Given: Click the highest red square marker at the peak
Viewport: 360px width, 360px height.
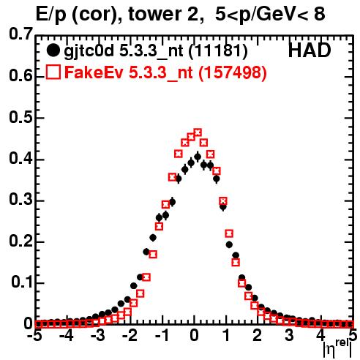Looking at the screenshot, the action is [198, 132].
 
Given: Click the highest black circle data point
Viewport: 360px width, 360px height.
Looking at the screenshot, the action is [198, 157].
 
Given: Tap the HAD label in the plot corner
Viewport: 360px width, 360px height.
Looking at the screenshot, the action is [310, 50].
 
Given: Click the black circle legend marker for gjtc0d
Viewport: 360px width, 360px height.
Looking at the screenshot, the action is [53, 50].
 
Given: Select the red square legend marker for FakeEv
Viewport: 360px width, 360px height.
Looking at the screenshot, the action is [53, 72].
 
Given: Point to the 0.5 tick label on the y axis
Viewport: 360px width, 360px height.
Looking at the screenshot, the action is [20, 117].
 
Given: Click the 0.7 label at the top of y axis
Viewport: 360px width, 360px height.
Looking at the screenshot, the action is [20, 34].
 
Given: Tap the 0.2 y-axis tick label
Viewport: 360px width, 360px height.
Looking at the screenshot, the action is [20, 241].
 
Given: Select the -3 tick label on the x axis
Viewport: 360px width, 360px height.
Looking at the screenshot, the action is [97, 335].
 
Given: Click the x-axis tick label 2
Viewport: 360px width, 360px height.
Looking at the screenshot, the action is [257, 335].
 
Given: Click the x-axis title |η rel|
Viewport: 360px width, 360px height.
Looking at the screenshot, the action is [337, 349].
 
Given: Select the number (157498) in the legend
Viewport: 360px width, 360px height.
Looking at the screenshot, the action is [233, 72].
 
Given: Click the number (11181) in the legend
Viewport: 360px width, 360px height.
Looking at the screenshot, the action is [218, 51].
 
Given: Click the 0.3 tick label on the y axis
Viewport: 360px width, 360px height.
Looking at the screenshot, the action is [20, 200].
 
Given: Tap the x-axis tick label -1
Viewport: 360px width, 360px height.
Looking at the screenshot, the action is [162, 335].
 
